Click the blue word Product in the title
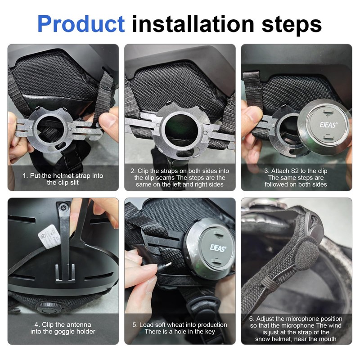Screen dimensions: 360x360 coord(81,23)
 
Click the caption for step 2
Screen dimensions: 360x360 coord(180,177)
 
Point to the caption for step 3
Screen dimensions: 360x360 coord(296,177)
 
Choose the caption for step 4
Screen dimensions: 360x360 coord(63,328)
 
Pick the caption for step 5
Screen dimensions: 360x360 coord(180,328)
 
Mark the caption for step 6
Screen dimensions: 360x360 coord(296,328)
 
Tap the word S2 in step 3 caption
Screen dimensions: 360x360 coord(298,171)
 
